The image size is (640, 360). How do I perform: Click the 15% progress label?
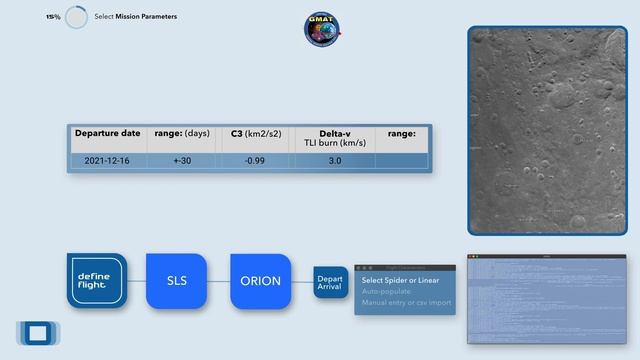pos(52,17)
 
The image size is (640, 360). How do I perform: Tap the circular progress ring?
pos(76,18)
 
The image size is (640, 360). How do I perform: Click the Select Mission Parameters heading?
pos(135,17)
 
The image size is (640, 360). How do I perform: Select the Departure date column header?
pos(107,133)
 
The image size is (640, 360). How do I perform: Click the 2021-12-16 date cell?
pos(106,160)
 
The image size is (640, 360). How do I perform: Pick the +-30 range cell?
pos(182,160)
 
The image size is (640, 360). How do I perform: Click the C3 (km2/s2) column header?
pos(255,133)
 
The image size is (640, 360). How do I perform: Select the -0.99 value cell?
pos(255,160)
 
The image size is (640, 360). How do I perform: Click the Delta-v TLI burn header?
pos(335,138)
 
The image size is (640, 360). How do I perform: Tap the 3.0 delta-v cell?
pos(335,160)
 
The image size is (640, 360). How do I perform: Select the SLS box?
pos(177,281)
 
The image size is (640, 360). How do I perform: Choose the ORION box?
pos(261,281)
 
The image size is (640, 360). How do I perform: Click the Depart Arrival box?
pos(330,281)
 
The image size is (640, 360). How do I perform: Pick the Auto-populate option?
pos(386,291)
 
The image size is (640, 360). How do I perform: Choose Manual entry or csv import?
pos(406,302)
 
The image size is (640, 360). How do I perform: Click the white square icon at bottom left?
pos(38,333)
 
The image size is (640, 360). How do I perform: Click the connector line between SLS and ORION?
pos(219,281)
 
